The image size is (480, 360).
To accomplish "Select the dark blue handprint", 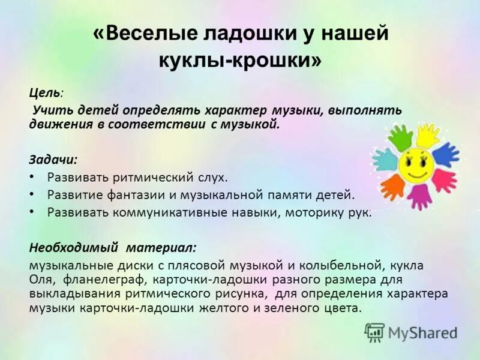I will [x=445, y=154].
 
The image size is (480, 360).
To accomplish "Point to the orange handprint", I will [x=393, y=187].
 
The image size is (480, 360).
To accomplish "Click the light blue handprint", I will [x=384, y=160].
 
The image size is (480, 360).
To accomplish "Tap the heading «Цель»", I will [x=44, y=93].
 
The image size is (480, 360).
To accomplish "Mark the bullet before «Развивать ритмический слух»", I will [x=32, y=178].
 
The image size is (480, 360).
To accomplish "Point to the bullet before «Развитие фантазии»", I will [x=32, y=195].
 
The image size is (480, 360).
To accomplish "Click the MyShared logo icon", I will [x=374, y=332].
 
